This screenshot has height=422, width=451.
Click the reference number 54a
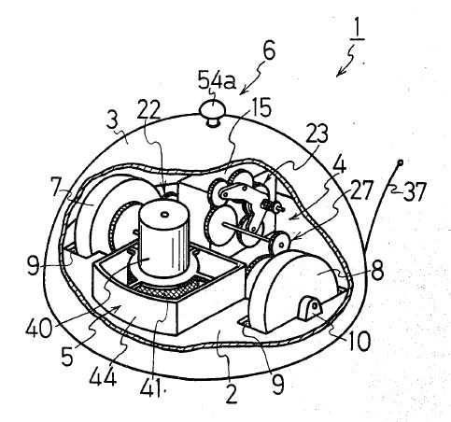click(x=217, y=81)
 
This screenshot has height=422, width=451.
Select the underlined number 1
click(x=357, y=31)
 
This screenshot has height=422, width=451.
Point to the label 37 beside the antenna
click(x=415, y=191)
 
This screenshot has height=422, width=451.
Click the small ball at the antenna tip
click(x=401, y=162)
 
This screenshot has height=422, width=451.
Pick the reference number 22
click(x=148, y=109)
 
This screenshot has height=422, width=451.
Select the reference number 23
click(x=317, y=134)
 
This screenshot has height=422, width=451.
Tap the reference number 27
click(x=361, y=190)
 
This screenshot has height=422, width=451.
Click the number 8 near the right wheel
click(x=377, y=270)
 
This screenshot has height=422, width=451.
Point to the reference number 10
click(x=359, y=341)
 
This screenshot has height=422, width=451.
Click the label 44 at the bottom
click(x=103, y=376)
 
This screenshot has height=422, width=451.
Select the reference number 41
click(x=151, y=387)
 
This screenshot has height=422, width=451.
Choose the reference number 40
click(x=39, y=328)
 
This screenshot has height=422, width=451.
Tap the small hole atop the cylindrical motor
click(x=164, y=215)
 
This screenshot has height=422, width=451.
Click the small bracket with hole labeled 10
click(x=309, y=307)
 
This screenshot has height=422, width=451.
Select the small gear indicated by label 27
click(x=279, y=243)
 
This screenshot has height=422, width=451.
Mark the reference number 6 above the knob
click(x=269, y=50)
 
